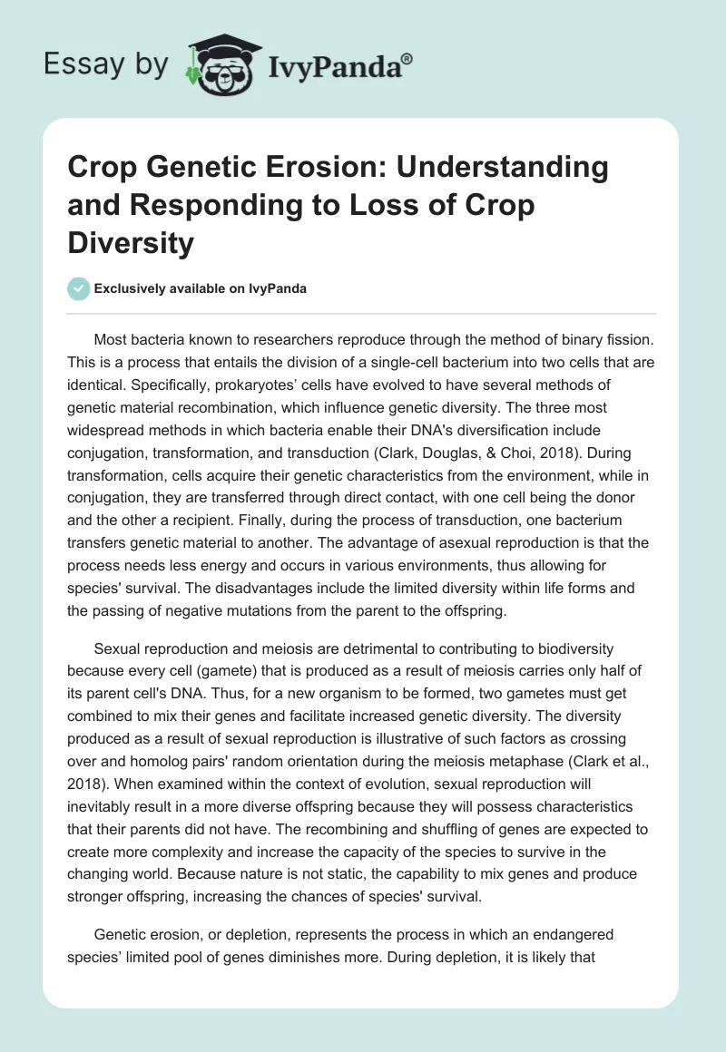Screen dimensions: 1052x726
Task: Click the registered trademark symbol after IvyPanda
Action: point(407,58)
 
